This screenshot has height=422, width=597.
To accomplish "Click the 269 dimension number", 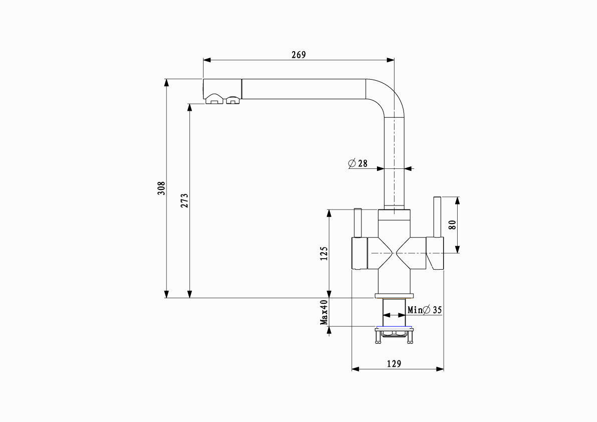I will pyautogui.click(x=299, y=55).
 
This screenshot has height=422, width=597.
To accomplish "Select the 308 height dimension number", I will pyautogui.click(x=161, y=188).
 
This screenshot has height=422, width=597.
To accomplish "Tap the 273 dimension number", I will pyautogui.click(x=184, y=201).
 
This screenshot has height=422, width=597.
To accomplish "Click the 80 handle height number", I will pyautogui.click(x=452, y=225).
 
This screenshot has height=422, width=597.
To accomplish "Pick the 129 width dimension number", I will pyautogui.click(x=394, y=364).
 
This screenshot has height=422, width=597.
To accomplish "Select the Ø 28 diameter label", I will pyautogui.click(x=357, y=163).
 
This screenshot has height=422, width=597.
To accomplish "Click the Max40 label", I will pyautogui.click(x=324, y=312).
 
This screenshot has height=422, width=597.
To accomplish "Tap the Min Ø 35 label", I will pyautogui.click(x=425, y=310).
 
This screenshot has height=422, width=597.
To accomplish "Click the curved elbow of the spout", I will pyautogui.click(x=390, y=95).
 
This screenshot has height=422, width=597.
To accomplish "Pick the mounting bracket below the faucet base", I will pyautogui.click(x=394, y=333).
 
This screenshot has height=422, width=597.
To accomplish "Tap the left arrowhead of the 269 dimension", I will pyautogui.click(x=206, y=60).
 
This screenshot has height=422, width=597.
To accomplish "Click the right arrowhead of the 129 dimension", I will pyautogui.click(x=441, y=369).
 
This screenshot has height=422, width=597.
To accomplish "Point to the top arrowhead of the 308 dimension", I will pyautogui.click(x=166, y=82).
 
